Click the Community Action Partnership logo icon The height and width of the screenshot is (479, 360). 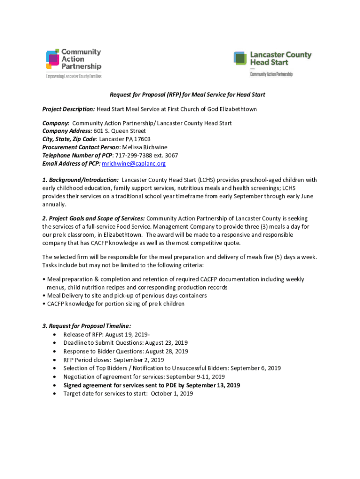point(52,59)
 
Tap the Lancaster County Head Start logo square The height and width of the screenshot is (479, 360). point(240,58)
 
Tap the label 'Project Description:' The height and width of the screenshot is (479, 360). point(69,109)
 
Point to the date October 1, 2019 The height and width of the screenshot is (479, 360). point(174,393)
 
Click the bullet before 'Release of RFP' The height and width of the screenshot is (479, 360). point(56,335)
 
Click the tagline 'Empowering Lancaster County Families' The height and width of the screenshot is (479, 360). point(73,76)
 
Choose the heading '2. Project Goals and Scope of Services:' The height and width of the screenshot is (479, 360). point(94,218)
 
